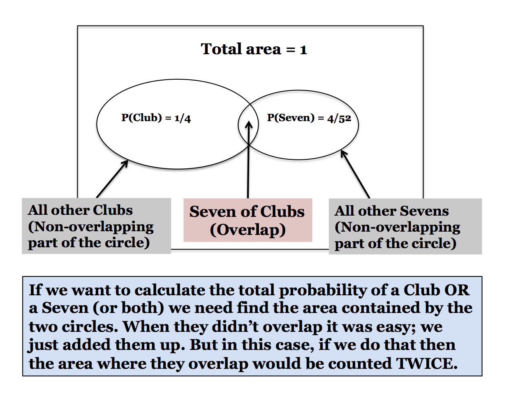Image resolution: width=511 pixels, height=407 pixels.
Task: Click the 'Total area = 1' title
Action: click(x=254, y=49)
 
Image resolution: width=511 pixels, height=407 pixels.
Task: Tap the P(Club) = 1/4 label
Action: click(x=156, y=118)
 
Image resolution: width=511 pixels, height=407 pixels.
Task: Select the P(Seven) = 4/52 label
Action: click(x=309, y=118)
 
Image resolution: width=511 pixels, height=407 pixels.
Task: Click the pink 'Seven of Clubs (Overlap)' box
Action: click(x=247, y=220)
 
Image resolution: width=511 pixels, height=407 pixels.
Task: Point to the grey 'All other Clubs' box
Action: click(x=96, y=226)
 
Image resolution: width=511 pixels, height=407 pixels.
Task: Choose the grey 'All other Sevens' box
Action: click(x=405, y=226)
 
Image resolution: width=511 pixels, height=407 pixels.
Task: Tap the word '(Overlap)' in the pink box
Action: click(x=247, y=230)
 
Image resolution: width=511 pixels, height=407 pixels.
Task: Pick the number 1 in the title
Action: click(x=303, y=50)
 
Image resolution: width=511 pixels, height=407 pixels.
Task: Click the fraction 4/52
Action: click(x=339, y=118)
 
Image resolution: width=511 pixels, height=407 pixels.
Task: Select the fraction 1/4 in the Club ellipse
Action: click(x=183, y=118)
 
